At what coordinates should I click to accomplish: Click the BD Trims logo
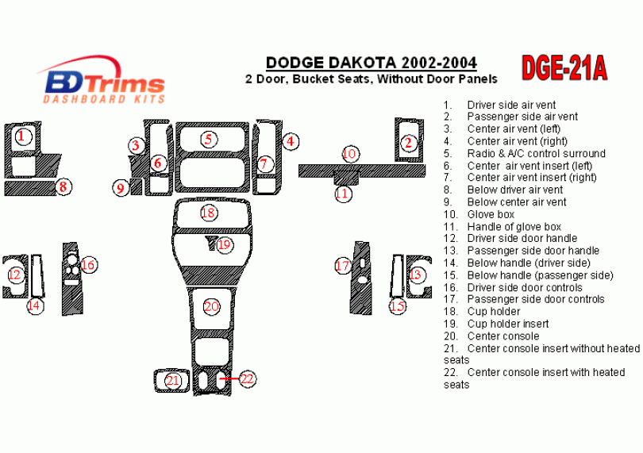click(x=103, y=80)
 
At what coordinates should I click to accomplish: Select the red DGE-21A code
click(x=564, y=68)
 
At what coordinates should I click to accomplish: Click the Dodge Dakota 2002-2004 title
click(x=372, y=63)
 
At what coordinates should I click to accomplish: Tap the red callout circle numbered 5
click(x=209, y=139)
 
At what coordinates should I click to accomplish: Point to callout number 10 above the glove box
click(x=349, y=154)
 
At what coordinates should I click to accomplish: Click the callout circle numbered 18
click(x=209, y=213)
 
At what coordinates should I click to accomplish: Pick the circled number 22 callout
click(x=247, y=378)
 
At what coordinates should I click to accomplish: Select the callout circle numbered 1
click(x=23, y=136)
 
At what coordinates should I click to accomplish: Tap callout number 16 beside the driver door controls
click(x=88, y=265)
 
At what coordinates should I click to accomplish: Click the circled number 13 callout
click(x=415, y=274)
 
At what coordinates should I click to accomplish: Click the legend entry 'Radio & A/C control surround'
click(x=525, y=153)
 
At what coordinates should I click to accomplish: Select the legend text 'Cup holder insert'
click(x=496, y=324)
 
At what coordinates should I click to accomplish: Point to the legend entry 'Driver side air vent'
click(x=499, y=105)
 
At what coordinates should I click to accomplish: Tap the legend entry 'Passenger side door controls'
click(x=524, y=299)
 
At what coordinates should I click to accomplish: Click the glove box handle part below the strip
click(x=347, y=177)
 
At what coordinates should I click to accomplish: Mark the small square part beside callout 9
click(x=137, y=186)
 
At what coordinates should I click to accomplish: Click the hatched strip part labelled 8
click(x=30, y=188)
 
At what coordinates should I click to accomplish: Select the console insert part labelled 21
click(x=171, y=381)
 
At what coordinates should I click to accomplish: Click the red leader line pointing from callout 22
click(x=229, y=378)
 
